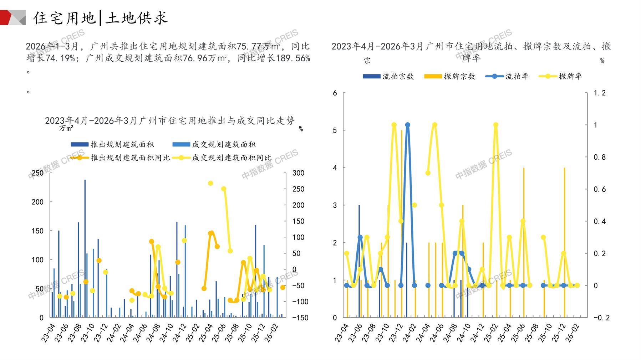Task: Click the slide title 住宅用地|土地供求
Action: pyautogui.click(x=100, y=18)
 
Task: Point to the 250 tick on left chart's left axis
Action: pyautogui.click(x=37, y=173)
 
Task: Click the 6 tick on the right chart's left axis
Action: pyautogui.click(x=335, y=93)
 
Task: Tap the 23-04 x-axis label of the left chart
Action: pyautogui.click(x=49, y=333)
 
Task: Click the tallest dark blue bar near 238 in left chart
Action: pyautogui.click(x=85, y=246)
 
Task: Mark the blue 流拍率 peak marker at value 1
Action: pyautogui.click(x=408, y=125)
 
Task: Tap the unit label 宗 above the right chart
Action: pyautogui.click(x=367, y=61)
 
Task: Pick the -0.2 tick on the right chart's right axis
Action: pyautogui.click(x=601, y=318)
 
